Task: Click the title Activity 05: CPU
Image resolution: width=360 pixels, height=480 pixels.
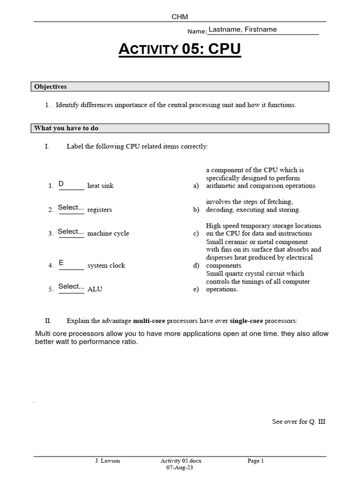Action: point(180,49)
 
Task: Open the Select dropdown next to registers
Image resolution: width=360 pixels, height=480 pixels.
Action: point(71,208)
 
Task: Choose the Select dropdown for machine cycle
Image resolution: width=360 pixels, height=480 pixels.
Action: point(71,232)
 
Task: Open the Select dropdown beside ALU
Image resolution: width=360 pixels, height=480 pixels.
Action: point(71,286)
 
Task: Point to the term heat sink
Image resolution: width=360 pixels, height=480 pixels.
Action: point(100,186)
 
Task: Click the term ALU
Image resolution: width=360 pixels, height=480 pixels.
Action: point(95,289)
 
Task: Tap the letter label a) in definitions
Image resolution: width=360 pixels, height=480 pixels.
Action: point(196,186)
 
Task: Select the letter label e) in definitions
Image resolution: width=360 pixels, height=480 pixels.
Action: point(196,289)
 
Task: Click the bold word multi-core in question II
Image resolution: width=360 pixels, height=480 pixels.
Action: point(149,321)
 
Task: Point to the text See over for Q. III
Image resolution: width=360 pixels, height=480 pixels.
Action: point(299,421)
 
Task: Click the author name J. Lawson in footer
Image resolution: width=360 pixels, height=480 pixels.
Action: point(107,461)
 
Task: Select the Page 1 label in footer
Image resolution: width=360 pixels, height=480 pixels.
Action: point(256,461)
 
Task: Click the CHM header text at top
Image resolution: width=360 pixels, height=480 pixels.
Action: point(180,17)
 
